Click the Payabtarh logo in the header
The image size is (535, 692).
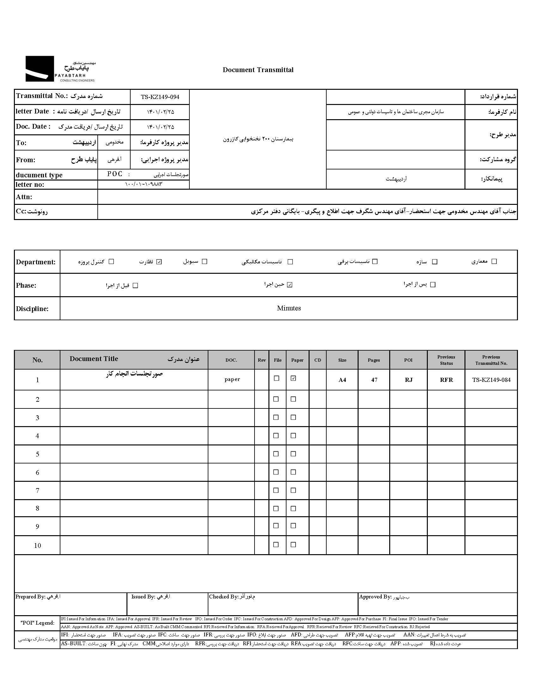60,69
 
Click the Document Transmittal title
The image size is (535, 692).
258,70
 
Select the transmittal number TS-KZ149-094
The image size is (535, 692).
160,97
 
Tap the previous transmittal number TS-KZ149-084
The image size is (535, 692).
491,380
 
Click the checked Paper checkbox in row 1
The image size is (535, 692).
293,378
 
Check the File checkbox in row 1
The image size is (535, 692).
276,378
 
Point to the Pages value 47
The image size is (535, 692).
374,380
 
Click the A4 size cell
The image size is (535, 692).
342,380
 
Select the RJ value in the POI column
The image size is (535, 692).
409,380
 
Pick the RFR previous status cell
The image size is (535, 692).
446,380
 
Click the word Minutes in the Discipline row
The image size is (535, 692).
289,308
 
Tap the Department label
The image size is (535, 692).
36,262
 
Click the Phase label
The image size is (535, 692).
26,285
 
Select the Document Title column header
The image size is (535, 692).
94,359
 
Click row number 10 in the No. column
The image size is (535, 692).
37,546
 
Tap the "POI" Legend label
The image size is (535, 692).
37,623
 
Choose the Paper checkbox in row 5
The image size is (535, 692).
293,454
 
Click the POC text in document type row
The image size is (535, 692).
115,174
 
